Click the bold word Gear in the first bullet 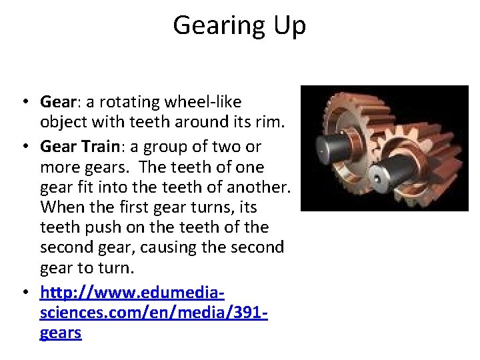pyautogui.click(x=58, y=103)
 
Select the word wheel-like pyautogui.click(x=203, y=103)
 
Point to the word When pyautogui.click(x=61, y=207)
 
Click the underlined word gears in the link pyautogui.click(x=61, y=333)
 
